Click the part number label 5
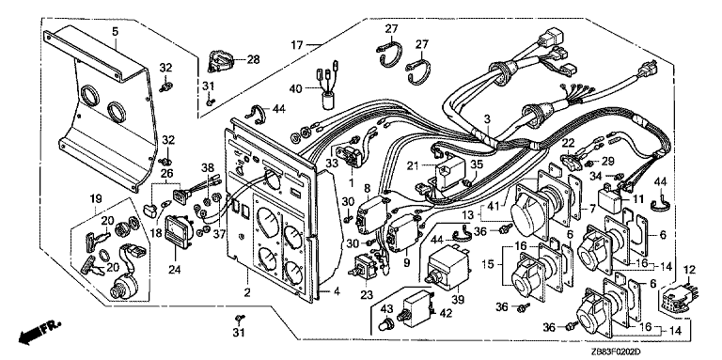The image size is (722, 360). (115, 32)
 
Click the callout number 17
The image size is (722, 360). (297, 45)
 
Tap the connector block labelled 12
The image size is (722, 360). (677, 298)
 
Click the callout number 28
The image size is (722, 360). (253, 59)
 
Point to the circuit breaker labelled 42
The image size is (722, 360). (416, 306)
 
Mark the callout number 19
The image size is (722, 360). (95, 199)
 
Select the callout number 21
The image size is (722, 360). (415, 164)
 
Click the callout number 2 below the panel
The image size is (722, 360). (248, 292)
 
